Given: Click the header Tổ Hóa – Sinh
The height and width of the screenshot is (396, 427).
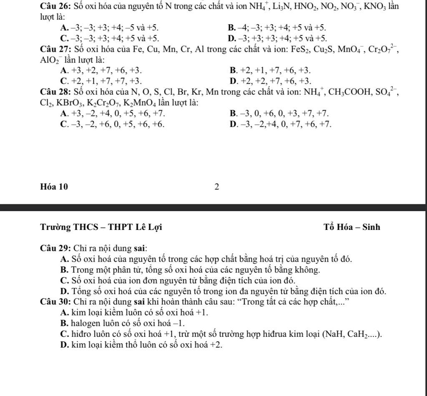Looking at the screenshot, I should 352,227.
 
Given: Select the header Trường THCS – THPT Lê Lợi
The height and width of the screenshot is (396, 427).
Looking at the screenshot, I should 101,227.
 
